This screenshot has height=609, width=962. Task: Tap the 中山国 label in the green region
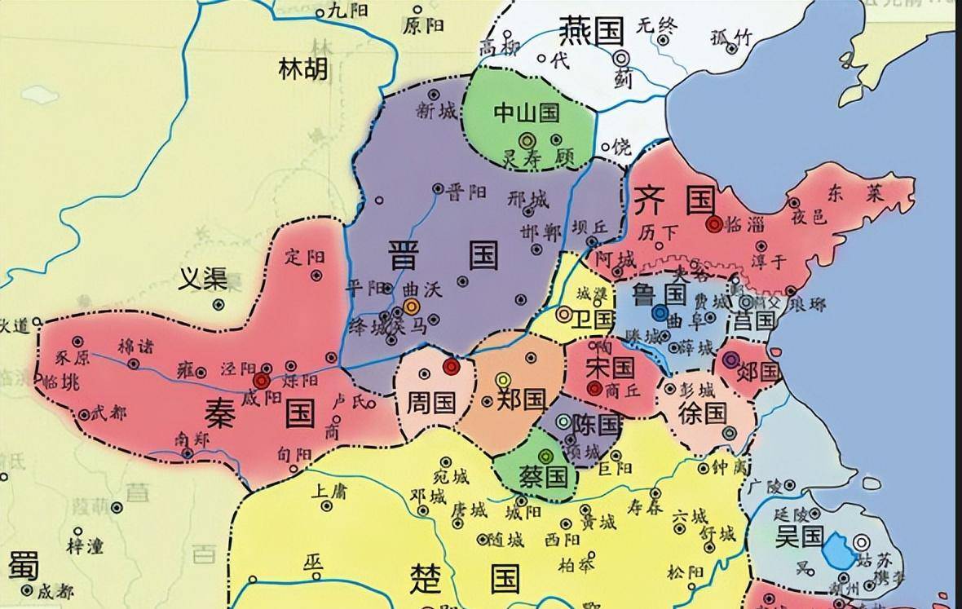click(x=527, y=112)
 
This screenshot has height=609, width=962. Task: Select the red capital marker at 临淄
click(x=715, y=224)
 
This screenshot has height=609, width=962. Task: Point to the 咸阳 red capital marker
click(x=261, y=381)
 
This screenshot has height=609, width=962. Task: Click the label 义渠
click(x=203, y=280)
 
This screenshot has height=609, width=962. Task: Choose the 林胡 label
click(x=302, y=68)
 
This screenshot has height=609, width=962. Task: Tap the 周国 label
click(x=431, y=400)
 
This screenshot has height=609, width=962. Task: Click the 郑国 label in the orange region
click(x=521, y=399)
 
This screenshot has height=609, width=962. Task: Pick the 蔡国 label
click(x=544, y=475)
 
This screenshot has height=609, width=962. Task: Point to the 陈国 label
click(x=597, y=424)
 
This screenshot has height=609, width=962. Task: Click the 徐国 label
click(x=702, y=412)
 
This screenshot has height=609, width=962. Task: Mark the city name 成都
click(x=55, y=590)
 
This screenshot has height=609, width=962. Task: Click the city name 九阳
click(x=348, y=11)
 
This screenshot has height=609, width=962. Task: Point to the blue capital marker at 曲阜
click(x=660, y=312)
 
